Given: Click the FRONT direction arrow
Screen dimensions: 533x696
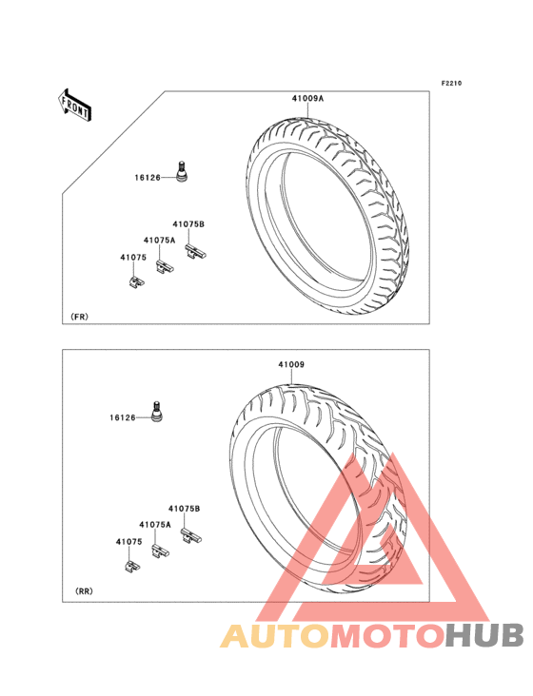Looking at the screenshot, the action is [x=74, y=105].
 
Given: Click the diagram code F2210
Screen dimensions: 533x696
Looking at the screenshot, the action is [x=451, y=83].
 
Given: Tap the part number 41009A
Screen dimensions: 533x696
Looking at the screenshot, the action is [x=307, y=99].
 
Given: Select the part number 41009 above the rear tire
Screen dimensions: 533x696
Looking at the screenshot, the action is [x=291, y=364].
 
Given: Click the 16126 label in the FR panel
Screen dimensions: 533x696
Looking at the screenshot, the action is [x=148, y=178].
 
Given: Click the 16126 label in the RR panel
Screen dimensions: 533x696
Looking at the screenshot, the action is [x=123, y=417].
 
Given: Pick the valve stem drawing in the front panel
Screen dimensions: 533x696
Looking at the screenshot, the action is [x=182, y=171].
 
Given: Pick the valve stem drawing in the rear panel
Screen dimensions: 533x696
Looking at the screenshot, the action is [x=156, y=411].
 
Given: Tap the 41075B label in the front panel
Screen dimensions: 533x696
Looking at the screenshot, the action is [x=188, y=224].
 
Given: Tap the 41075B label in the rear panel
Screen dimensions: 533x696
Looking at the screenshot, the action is [x=184, y=509].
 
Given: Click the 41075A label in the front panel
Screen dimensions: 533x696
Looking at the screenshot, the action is [x=159, y=241].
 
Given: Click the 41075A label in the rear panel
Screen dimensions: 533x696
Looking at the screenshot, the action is [x=154, y=524].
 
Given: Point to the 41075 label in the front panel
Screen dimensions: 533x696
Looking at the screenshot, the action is [x=133, y=258].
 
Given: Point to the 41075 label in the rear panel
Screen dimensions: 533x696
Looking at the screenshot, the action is [x=128, y=542].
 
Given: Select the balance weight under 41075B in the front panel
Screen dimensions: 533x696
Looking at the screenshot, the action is [x=195, y=252].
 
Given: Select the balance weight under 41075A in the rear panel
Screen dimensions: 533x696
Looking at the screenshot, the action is [x=160, y=551].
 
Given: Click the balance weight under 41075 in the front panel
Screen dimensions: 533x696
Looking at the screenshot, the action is [x=137, y=281].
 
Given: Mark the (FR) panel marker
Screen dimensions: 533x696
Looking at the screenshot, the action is [x=80, y=317].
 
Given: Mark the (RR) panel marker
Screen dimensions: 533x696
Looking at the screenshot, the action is [x=84, y=591].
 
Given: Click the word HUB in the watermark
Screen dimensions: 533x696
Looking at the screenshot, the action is [x=484, y=635].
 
